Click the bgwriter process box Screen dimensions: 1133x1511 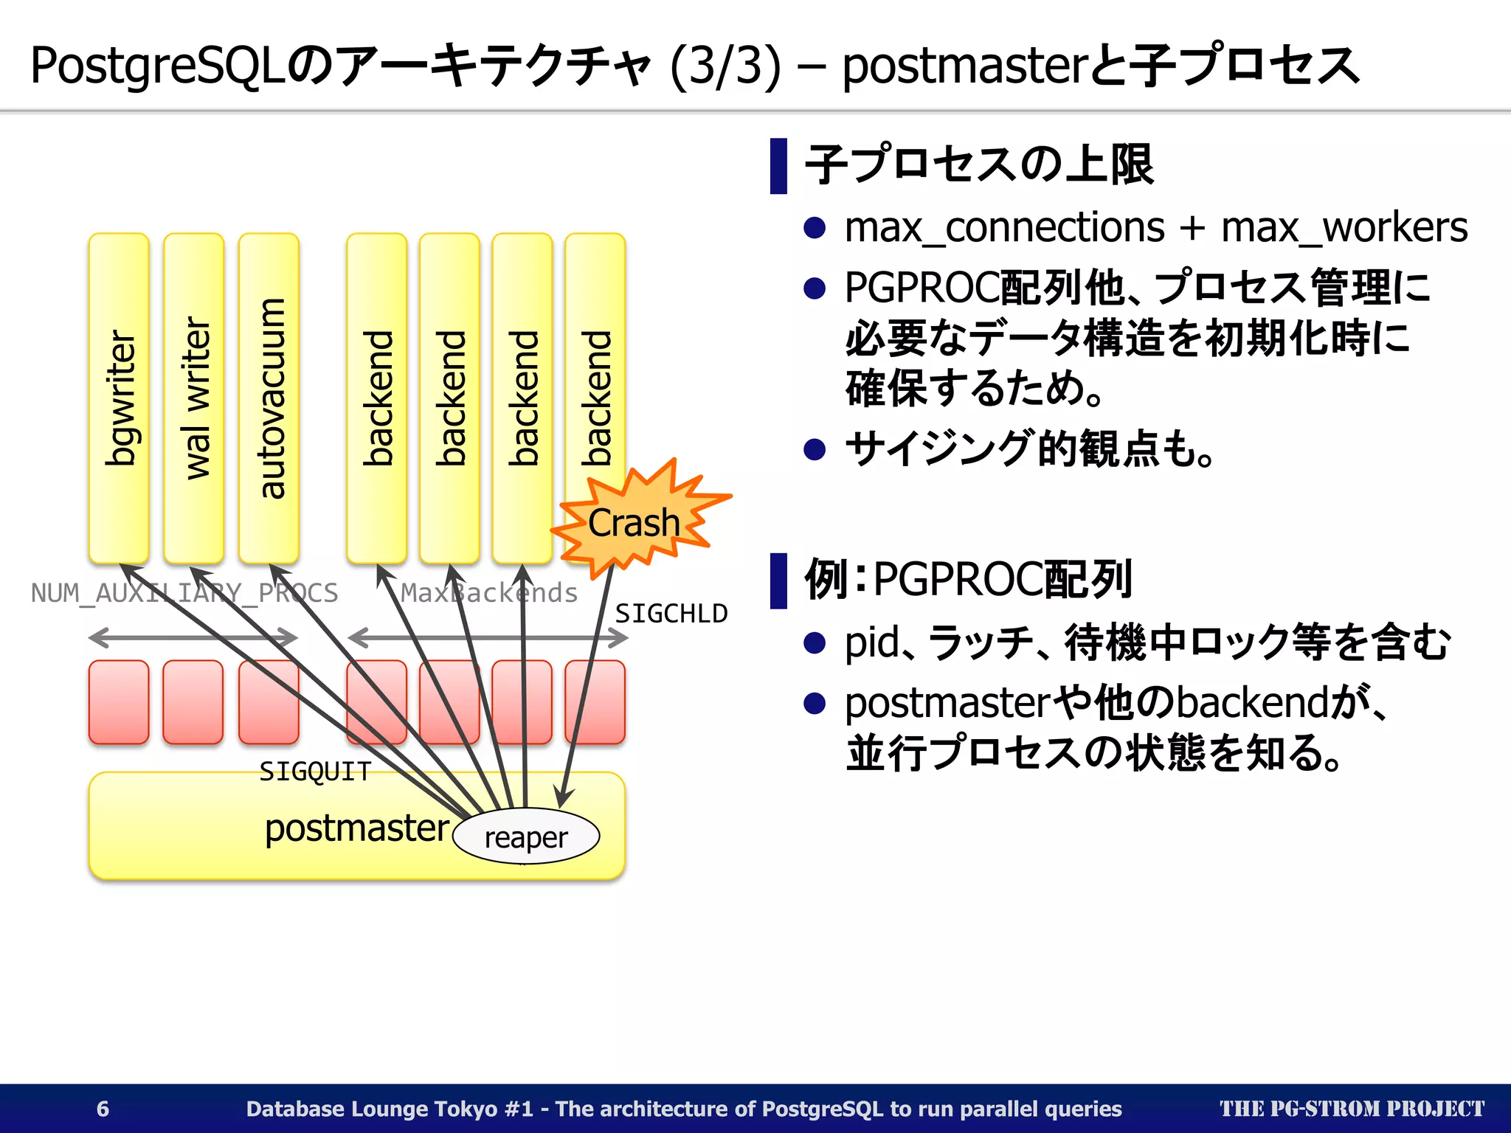119,398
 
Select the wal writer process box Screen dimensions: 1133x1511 194,398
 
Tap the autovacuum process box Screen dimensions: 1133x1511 269,398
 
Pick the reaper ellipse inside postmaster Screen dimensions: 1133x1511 526,837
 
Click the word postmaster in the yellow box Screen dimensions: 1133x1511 357,828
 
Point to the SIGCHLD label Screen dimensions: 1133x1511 671,614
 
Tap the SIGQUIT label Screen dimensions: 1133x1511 315,772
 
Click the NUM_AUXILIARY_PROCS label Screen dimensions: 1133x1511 184,593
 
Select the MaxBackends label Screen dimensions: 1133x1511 489,593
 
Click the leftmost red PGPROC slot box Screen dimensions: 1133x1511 119,701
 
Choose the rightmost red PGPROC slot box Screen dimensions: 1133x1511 595,701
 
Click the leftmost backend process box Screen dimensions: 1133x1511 377,398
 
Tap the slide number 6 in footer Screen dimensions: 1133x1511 103,1109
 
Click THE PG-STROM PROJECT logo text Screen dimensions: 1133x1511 1352,1109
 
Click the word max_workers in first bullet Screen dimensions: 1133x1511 1344,227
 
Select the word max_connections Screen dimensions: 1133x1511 1004,227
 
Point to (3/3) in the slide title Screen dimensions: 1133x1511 725,66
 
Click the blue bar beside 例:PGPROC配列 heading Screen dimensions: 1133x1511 778,581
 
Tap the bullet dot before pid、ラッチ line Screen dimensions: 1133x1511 814,642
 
